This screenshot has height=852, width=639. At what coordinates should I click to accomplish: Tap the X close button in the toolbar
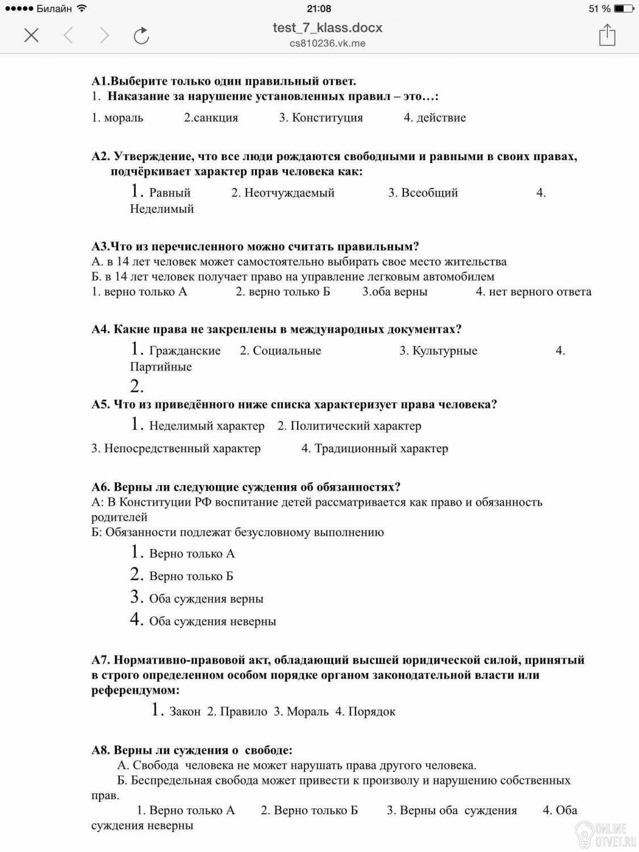(32, 36)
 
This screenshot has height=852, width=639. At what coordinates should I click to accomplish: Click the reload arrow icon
(141, 36)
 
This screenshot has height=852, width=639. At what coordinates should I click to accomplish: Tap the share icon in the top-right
(607, 35)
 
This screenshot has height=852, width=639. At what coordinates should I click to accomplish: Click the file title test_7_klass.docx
(327, 27)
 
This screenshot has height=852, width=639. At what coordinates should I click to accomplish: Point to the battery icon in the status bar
(624, 9)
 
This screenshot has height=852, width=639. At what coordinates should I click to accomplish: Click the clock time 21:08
(319, 9)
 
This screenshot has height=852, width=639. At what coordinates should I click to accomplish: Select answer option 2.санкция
(211, 118)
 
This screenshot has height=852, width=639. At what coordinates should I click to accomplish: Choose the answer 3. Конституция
(321, 118)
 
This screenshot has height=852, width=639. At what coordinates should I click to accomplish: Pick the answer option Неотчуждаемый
(289, 193)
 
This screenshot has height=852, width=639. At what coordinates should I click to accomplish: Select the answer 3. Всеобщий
(423, 193)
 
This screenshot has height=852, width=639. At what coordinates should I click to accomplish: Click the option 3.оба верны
(395, 291)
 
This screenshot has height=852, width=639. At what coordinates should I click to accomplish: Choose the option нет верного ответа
(540, 291)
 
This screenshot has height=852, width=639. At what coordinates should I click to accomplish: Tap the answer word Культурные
(445, 350)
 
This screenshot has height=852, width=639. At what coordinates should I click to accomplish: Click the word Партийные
(161, 366)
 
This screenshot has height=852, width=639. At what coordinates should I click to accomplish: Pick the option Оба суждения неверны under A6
(212, 621)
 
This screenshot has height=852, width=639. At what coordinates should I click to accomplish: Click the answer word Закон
(185, 711)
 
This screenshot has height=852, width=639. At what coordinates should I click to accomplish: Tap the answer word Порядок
(371, 711)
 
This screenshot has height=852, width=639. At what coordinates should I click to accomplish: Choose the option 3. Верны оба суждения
(452, 810)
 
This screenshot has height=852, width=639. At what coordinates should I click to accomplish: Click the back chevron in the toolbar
(68, 36)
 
